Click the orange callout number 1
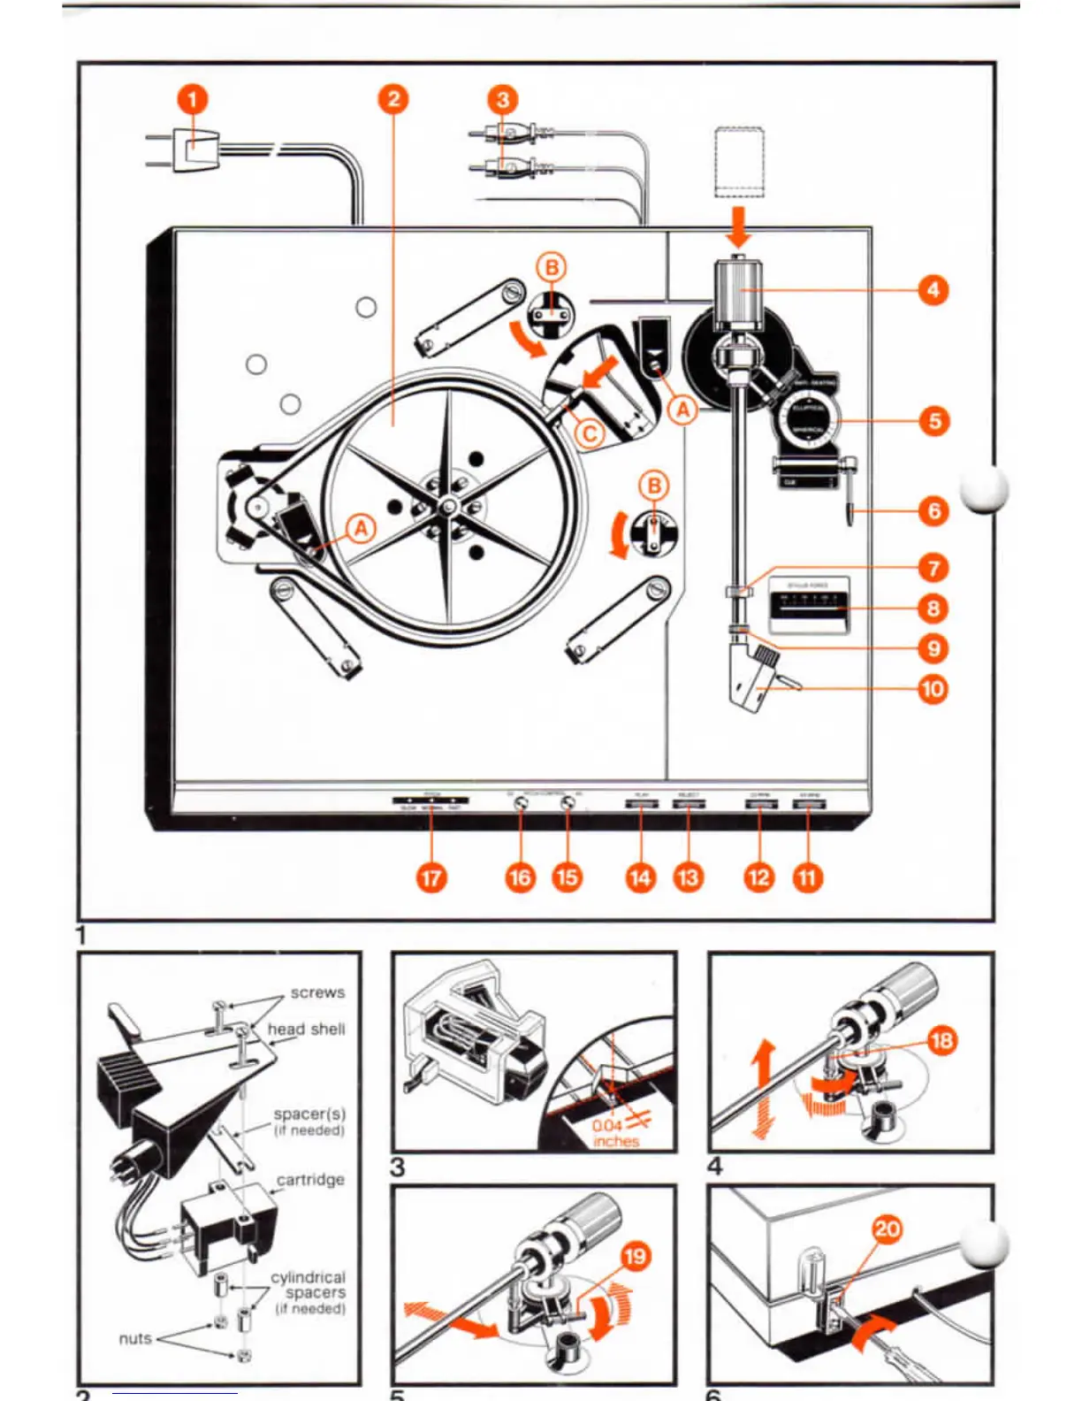coord(193,99)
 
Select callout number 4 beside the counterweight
coord(933,289)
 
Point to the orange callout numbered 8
coord(933,609)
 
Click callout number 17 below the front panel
coord(431,877)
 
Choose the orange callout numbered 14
coord(640,877)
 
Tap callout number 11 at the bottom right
coord(806,877)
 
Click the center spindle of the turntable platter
coord(448,506)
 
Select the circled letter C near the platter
coord(590,433)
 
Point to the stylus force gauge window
coord(809,604)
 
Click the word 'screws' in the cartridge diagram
coord(317,992)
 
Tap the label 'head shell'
coord(306,1029)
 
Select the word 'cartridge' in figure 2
coord(310,1179)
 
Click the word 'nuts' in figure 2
coord(135,1338)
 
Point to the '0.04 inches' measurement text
coord(613,1133)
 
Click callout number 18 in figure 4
coord(941,1039)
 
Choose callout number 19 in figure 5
coord(636,1256)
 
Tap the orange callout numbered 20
coord(887,1229)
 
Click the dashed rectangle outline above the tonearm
coord(738,161)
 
